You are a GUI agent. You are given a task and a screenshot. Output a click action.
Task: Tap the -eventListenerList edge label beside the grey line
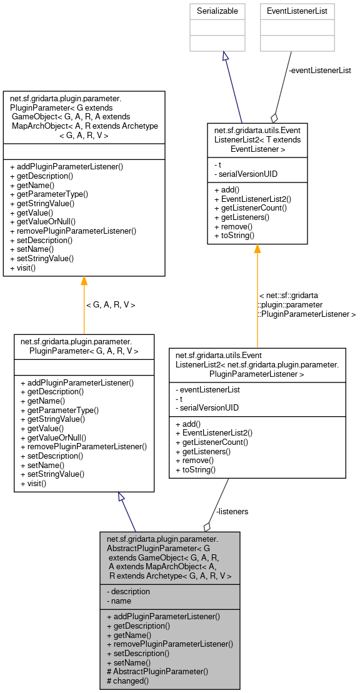319,71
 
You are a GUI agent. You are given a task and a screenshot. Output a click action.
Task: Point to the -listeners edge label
232,511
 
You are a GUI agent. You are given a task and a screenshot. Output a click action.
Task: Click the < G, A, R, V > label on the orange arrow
110,305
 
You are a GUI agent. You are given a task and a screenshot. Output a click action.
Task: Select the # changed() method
128,681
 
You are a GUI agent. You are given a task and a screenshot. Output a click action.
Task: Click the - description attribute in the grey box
129,591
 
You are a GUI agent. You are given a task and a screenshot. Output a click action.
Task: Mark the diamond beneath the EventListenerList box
273,118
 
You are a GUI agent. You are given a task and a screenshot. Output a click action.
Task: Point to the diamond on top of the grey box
207,527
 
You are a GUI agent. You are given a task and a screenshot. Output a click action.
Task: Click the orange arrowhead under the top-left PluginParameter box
84,281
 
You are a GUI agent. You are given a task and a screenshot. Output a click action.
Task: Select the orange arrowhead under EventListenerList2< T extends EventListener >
257,249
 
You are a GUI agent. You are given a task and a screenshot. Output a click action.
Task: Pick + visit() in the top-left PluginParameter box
23,268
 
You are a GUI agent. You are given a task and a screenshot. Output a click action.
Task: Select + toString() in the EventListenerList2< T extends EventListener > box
234,236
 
